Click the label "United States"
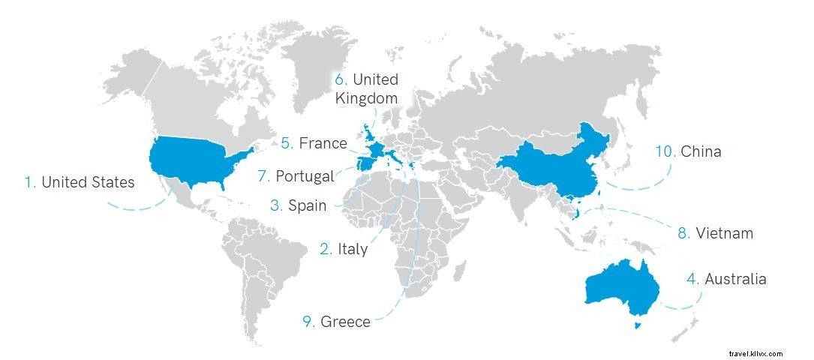tap(88, 181)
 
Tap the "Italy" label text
tap(352, 249)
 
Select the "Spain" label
tap(307, 205)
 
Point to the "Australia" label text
tap(735, 279)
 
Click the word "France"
tap(323, 142)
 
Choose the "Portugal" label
tap(305, 176)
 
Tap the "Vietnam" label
tap(724, 233)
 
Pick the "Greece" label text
tap(345, 322)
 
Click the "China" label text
tap(701, 151)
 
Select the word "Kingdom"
tap(366, 97)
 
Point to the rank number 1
tap(30, 181)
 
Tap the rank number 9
tap(308, 322)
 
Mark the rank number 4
tap(692, 279)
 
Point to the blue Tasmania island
tap(638, 325)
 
